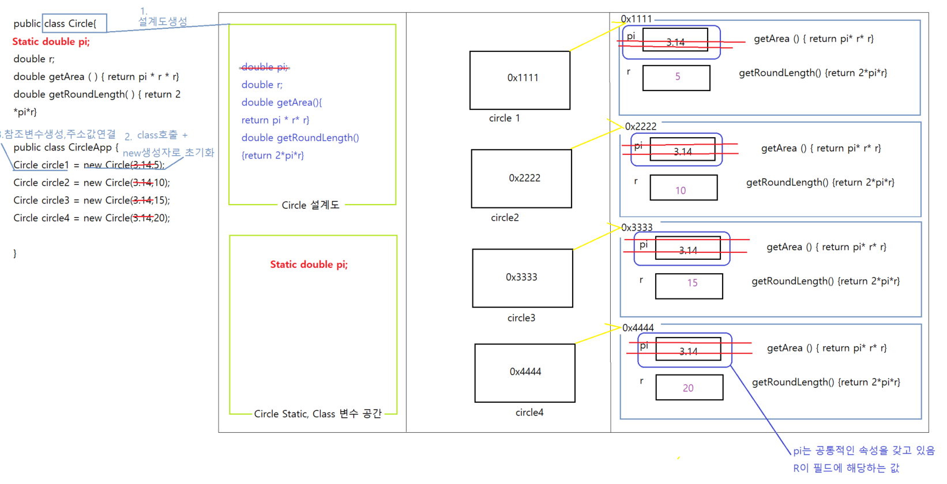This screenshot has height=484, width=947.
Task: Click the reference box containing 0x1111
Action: pyautogui.click(x=520, y=80)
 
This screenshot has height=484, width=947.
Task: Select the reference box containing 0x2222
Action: pyautogui.click(x=521, y=179)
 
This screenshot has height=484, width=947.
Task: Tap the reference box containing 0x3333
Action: pyautogui.click(x=523, y=278)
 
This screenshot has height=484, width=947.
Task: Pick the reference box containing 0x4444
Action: pyautogui.click(x=525, y=373)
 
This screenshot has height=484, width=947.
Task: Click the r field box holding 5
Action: pyautogui.click(x=676, y=78)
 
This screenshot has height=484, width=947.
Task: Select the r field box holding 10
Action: pyautogui.click(x=683, y=188)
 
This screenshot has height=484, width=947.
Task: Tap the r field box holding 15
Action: pyautogui.click(x=689, y=286)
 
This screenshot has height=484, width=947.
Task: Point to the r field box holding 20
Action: pyautogui.click(x=689, y=387)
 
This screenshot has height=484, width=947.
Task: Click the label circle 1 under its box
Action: pyautogui.click(x=504, y=118)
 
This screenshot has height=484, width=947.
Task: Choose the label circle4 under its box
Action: pyautogui.click(x=529, y=413)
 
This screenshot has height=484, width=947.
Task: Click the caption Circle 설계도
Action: pyautogui.click(x=310, y=205)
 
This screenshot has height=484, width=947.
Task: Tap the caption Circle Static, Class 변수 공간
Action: pyautogui.click(x=318, y=414)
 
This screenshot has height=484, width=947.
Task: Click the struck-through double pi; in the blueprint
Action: pyautogui.click(x=265, y=67)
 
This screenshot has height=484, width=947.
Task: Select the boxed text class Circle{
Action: pyautogui.click(x=74, y=24)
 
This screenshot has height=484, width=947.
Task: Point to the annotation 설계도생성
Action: pyautogui.click(x=163, y=21)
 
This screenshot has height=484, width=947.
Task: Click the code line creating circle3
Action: pyautogui.click(x=92, y=201)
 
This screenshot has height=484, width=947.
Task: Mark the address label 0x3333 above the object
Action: pyautogui.click(x=637, y=228)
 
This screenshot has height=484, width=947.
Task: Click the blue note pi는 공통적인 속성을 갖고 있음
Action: pyautogui.click(x=863, y=451)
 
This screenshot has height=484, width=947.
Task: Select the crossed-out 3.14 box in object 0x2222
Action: pyautogui.click(x=682, y=150)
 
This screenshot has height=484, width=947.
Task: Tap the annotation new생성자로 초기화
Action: pyautogui.click(x=168, y=153)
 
